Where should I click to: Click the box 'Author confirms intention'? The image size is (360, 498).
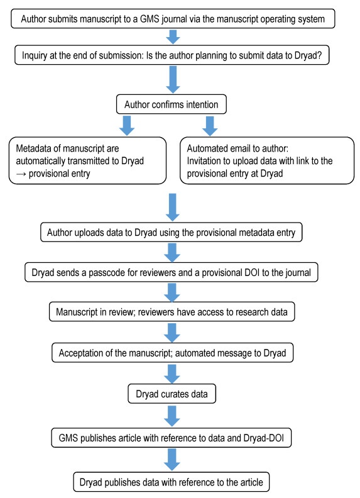tap(172, 104)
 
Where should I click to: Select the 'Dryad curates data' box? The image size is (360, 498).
tap(172, 394)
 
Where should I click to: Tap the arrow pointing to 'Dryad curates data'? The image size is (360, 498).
tap(172, 373)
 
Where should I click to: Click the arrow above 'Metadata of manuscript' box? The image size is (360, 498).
tap(127, 126)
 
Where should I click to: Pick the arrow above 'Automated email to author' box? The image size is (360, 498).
tap(210, 126)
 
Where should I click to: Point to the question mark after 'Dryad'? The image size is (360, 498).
tap(319, 55)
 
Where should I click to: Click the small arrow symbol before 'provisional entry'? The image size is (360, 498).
tap(21, 174)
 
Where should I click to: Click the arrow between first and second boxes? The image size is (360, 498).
tap(173, 37)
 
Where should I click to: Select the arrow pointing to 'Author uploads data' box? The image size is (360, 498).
tap(173, 207)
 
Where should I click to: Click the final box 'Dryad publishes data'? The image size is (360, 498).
tap(172, 482)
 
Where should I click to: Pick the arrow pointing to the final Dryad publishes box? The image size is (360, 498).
tap(172, 460)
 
